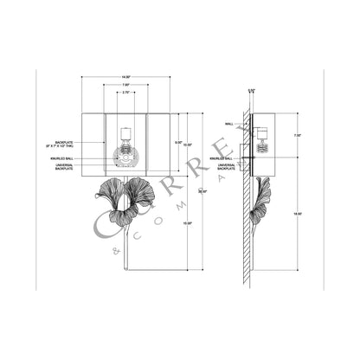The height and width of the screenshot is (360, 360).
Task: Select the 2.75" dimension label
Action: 125,93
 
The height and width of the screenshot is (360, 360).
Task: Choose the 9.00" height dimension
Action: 178,142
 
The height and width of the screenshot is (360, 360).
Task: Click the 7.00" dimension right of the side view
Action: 296,136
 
